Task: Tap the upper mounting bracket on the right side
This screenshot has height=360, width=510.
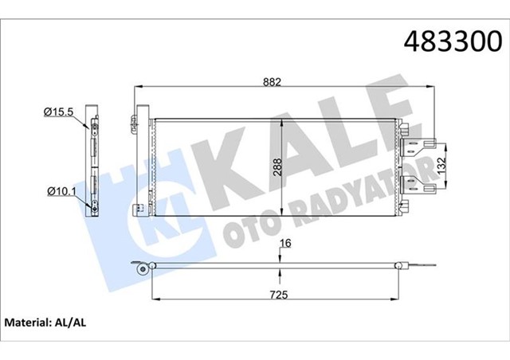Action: pos(422,144)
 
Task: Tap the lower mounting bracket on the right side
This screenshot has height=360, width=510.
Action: pos(422,187)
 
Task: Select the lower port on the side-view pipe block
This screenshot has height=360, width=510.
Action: pos(96,203)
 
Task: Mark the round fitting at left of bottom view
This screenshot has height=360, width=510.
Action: pos(143,271)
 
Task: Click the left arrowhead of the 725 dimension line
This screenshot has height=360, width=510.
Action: pos(153,300)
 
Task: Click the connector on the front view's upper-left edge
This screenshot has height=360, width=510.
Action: pos(135,124)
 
